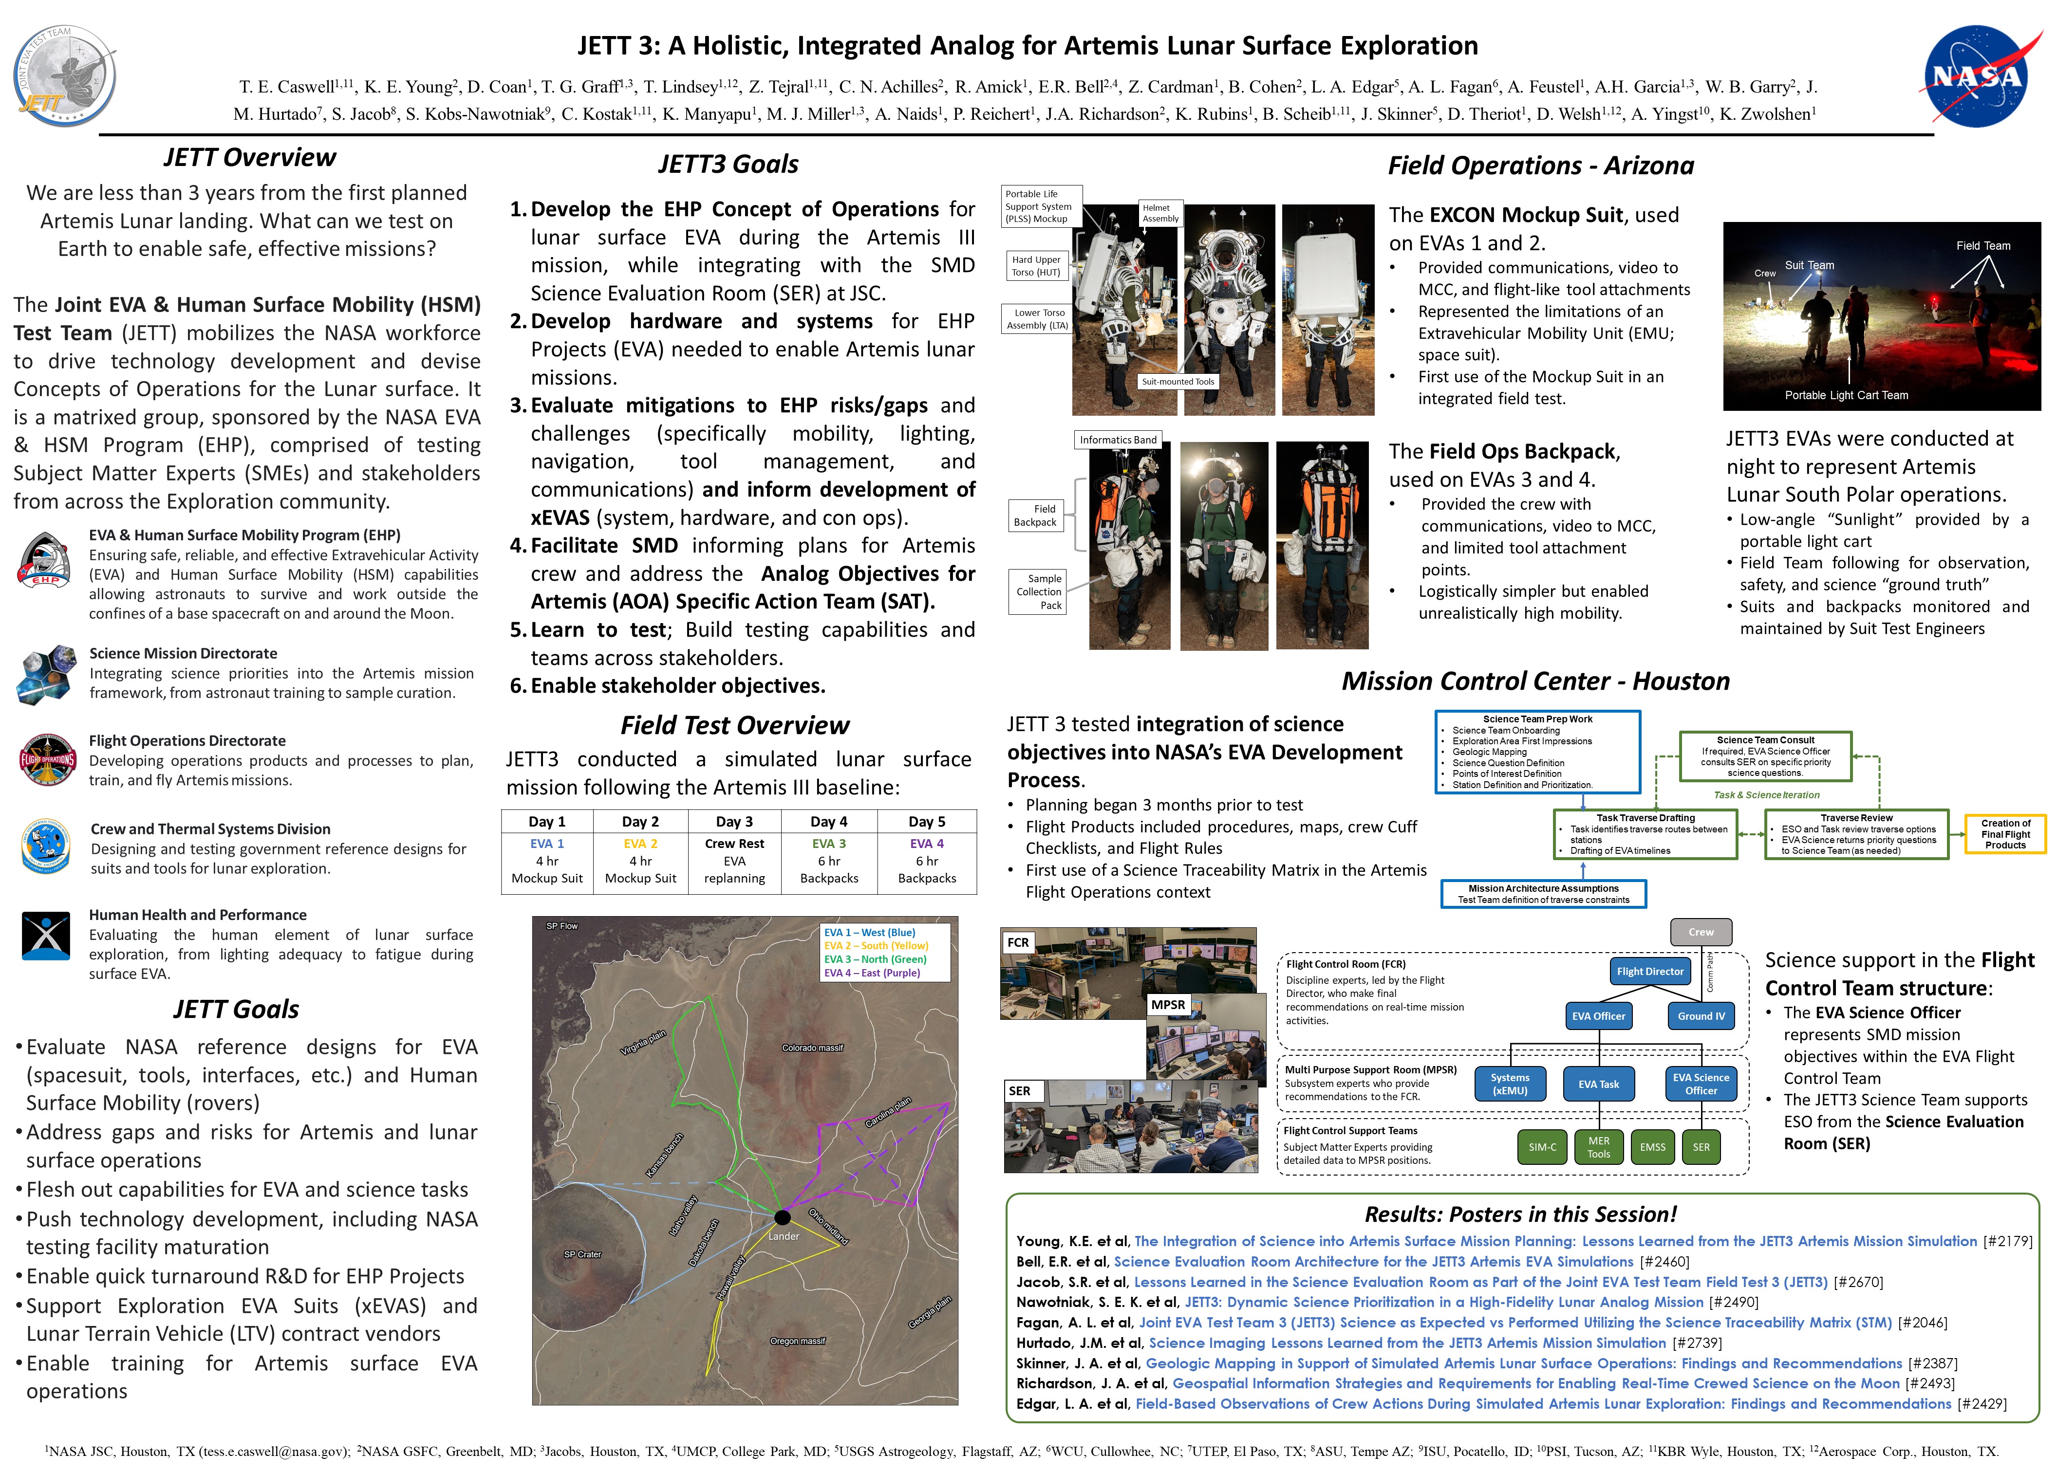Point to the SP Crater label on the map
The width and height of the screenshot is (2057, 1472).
(582, 1254)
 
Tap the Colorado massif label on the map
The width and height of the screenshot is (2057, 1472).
(812, 1048)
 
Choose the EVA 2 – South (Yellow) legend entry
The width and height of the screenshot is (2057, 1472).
(876, 945)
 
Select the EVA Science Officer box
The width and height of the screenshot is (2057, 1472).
(1701, 1084)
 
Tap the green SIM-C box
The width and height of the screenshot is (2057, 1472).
(1542, 1147)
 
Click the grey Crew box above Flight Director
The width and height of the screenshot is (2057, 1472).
(1701, 932)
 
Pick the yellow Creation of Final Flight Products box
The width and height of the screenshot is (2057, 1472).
(2005, 834)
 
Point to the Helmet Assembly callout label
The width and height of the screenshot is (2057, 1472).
(1160, 213)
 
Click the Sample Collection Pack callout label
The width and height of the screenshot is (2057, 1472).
(1038, 592)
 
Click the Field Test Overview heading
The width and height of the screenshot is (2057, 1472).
(734, 725)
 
